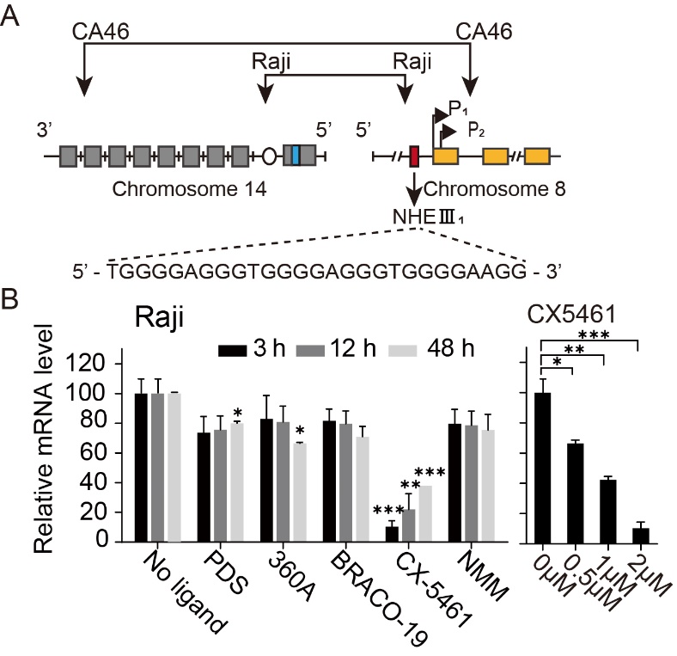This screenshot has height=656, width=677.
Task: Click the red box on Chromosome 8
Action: coord(414,156)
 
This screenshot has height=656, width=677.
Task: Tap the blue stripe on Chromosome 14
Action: coord(296,156)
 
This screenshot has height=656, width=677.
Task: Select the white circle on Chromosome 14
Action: coord(269,156)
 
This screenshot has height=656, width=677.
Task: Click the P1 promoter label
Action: coord(458,108)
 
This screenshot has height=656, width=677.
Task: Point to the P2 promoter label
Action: coord(476,130)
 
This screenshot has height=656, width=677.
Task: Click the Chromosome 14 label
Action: coord(189,189)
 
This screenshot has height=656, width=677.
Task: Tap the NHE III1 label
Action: coord(428,216)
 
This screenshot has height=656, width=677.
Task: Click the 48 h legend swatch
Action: coord(403,350)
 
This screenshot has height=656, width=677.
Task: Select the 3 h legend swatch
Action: coord(232,350)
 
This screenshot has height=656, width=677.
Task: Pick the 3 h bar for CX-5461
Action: coord(392,534)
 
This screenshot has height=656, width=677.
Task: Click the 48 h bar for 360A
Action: coord(300,493)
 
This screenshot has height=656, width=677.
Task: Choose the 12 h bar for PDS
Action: coord(220,486)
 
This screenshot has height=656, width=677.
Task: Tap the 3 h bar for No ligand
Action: coord(141,468)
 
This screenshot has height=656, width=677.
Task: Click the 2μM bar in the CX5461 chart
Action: coord(641,536)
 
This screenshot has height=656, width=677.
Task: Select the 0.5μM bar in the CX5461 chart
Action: coord(576,494)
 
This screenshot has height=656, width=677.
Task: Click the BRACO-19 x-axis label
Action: coord(378,600)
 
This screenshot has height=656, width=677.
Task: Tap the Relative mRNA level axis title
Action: coord(43,438)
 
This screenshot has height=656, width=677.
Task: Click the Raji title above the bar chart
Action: coord(159,317)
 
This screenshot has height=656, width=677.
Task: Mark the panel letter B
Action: coord(9,298)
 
